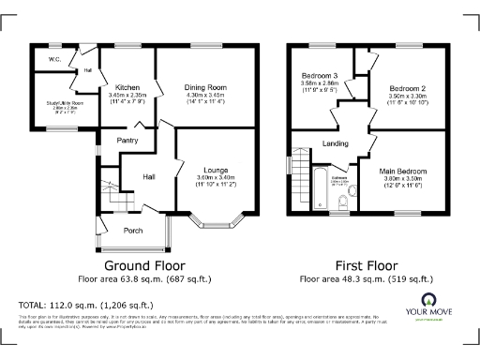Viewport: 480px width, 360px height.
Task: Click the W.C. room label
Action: pyautogui.click(x=42, y=61)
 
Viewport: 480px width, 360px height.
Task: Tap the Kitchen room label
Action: pyautogui.click(x=127, y=86)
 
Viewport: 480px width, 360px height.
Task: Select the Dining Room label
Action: pyautogui.click(x=206, y=86)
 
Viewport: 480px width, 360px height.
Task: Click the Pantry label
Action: pyautogui.click(x=127, y=141)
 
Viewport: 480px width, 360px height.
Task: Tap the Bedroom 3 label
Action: pyautogui.click(x=320, y=75)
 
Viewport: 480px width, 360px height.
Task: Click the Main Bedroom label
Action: pyautogui.click(x=403, y=172)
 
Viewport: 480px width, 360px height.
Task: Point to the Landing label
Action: pyautogui.click(x=336, y=143)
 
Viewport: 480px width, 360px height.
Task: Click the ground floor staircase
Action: pyautogui.click(x=109, y=193)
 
